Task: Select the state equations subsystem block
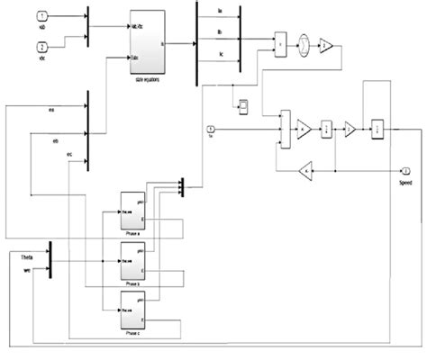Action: point(146,41)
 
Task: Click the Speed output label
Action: point(405,182)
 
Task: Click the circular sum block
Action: point(305,44)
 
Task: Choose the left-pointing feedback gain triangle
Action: point(306,169)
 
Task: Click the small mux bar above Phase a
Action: point(181,184)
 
